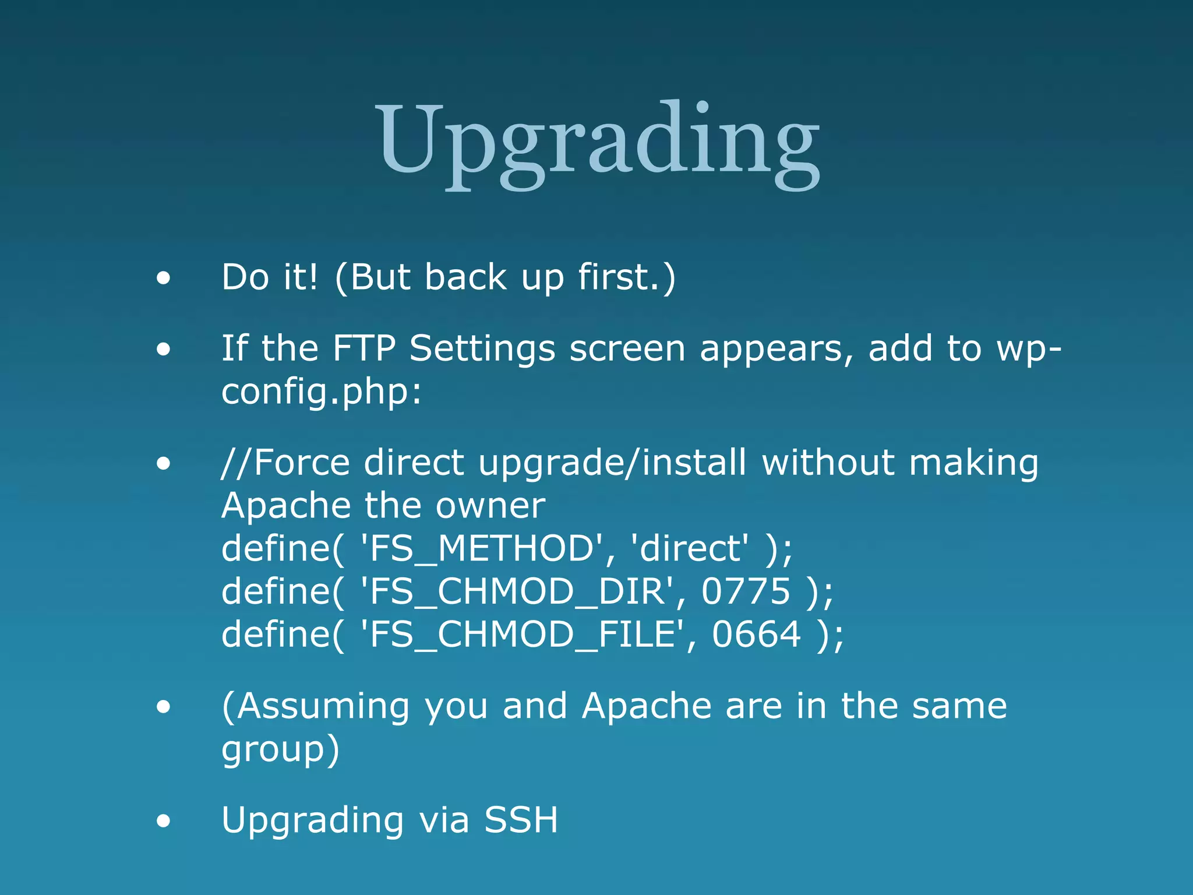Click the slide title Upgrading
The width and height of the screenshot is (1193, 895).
[x=598, y=143]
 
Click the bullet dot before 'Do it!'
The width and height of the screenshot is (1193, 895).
[x=164, y=278]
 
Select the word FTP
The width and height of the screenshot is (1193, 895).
[x=364, y=348]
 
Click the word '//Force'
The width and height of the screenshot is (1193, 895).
[x=285, y=463]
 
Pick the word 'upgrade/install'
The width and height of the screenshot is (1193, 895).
[x=612, y=464]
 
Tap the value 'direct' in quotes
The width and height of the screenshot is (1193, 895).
[x=690, y=548]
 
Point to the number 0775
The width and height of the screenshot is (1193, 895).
[x=746, y=591]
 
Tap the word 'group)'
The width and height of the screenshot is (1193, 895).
[x=280, y=749]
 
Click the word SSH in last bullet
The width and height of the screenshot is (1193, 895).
[x=521, y=820]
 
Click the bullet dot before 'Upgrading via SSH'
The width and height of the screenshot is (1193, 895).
[x=164, y=821]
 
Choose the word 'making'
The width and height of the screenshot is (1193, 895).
[x=973, y=464]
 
